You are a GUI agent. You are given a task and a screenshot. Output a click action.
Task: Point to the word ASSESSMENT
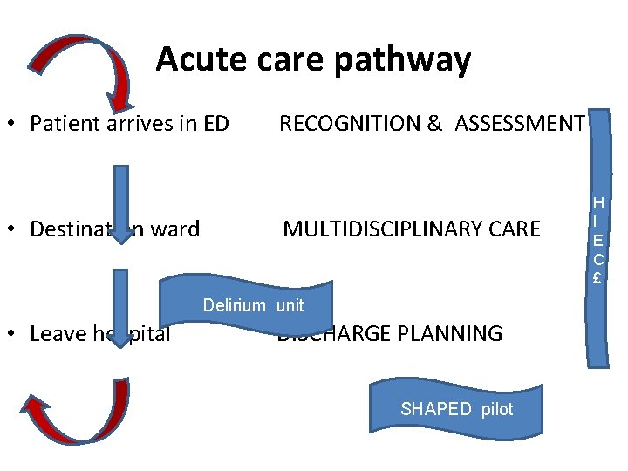(518, 124)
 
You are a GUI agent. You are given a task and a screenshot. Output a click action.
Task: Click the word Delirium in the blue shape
(234, 305)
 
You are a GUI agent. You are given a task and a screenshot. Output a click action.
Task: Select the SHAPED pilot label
(457, 409)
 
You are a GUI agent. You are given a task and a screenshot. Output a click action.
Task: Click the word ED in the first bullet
(215, 124)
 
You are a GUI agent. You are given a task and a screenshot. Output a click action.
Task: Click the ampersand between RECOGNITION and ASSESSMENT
(434, 124)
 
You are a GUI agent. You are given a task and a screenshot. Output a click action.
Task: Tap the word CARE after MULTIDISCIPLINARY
(510, 229)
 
